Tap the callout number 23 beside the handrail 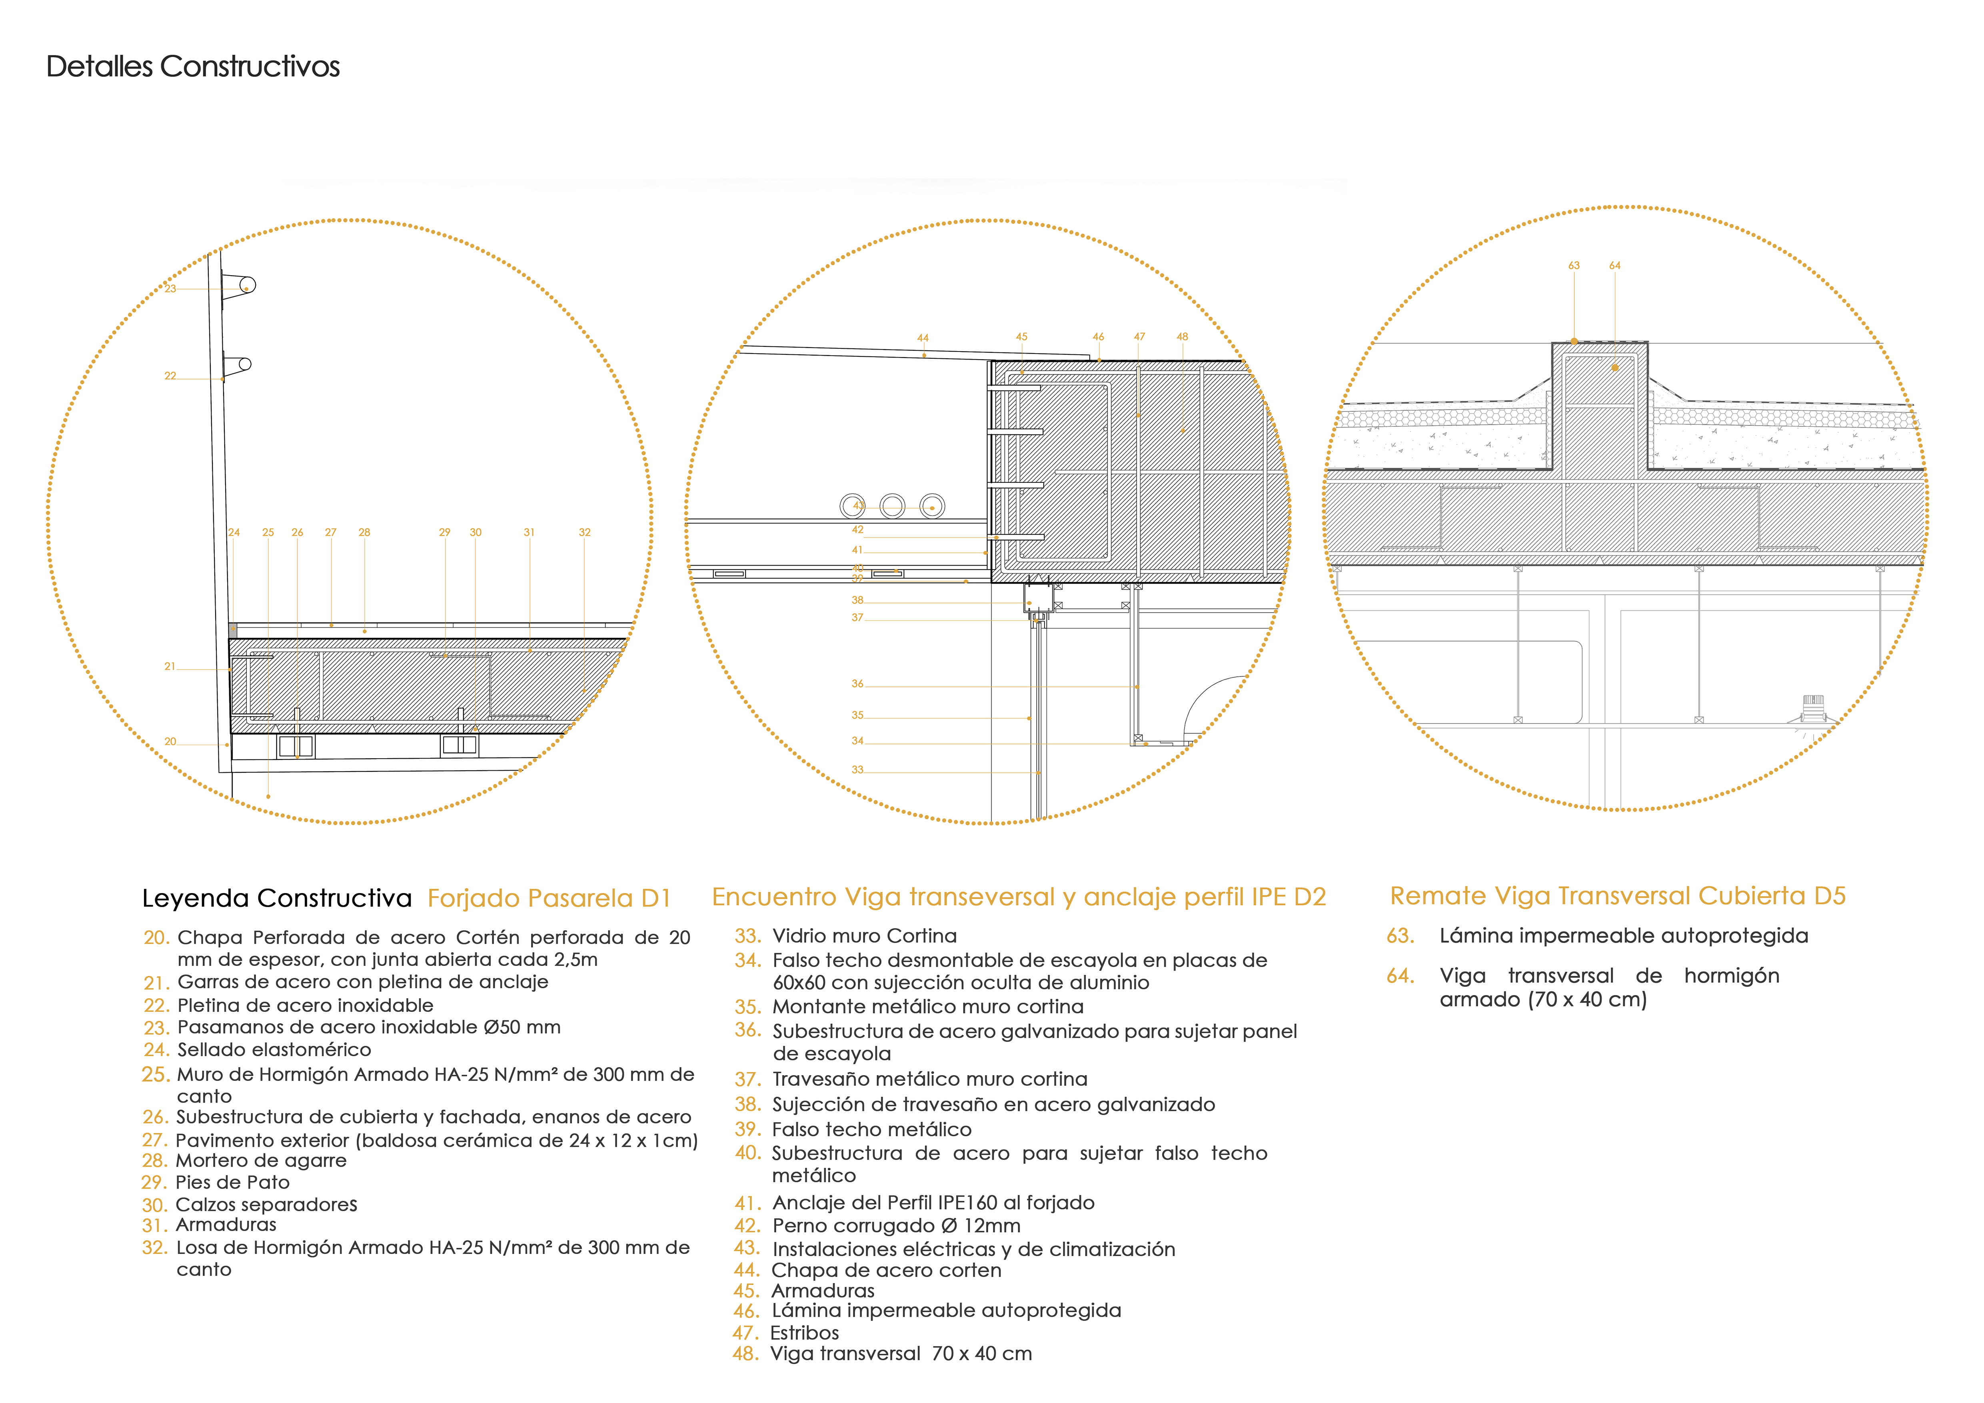coord(170,288)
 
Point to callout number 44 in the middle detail coord(923,338)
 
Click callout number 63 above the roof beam coord(1574,265)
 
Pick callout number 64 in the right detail coord(1614,265)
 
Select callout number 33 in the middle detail coord(857,770)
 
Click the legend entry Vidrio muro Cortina coord(864,935)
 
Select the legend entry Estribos coord(805,1333)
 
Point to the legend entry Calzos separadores coord(266,1204)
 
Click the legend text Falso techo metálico coord(872,1129)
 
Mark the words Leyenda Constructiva coord(276,899)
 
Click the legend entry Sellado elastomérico coord(274,1050)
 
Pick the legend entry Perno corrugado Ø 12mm coord(896,1226)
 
